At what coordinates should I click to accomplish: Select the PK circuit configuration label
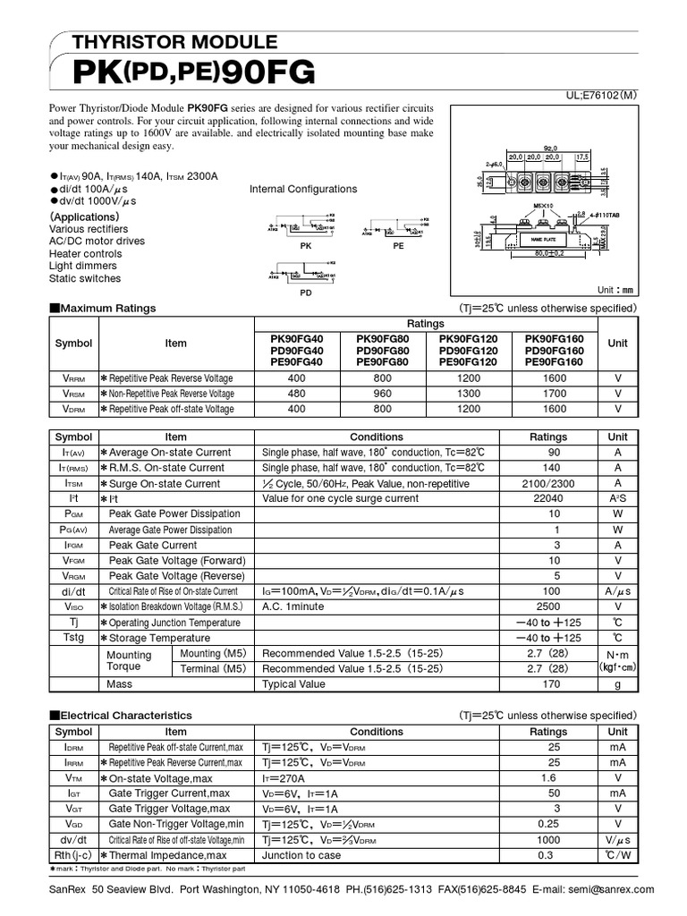click(306, 243)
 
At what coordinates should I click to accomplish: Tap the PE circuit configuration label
click(398, 243)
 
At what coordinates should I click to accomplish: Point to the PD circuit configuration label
click(306, 292)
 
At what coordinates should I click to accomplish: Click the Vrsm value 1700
click(554, 394)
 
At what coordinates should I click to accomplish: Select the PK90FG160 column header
click(554, 339)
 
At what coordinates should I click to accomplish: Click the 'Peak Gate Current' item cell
click(153, 545)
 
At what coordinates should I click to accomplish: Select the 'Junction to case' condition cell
click(301, 855)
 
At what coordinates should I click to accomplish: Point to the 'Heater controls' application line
click(85, 254)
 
